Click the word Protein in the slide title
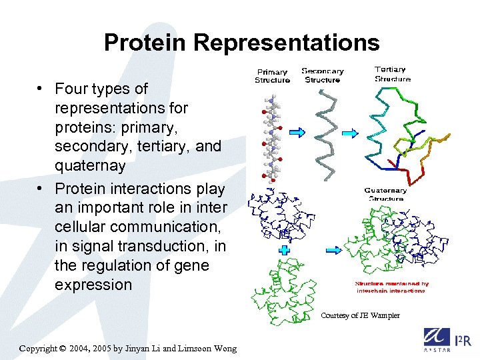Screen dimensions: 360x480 click(146, 43)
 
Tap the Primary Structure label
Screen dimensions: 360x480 click(272, 76)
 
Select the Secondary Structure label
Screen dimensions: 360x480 click(323, 75)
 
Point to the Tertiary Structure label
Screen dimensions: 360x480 click(393, 73)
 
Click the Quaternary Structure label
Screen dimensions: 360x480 click(385, 194)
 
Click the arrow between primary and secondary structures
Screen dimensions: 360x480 click(297, 133)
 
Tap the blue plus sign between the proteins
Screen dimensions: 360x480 click(284, 251)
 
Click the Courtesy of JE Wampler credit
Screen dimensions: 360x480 click(360, 315)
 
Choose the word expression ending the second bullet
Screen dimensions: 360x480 click(93, 285)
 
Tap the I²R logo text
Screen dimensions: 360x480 click(462, 340)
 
